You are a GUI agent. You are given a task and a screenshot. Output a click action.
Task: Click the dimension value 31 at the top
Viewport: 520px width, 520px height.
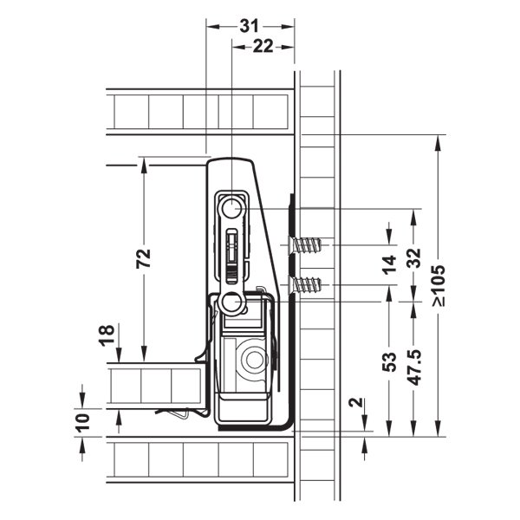click(x=249, y=26)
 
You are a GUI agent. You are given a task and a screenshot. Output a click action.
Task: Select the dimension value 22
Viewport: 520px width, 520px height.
click(x=263, y=46)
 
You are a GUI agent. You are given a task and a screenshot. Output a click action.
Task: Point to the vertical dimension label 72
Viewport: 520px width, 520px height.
click(x=144, y=258)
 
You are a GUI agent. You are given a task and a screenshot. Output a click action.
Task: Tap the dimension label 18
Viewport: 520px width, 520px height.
click(x=107, y=335)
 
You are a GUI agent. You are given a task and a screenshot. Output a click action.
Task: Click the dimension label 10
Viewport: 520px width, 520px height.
click(x=83, y=423)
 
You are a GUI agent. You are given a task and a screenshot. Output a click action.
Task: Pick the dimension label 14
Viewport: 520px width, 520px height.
click(x=389, y=265)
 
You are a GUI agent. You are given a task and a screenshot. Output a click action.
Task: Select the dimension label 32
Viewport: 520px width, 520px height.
click(x=413, y=257)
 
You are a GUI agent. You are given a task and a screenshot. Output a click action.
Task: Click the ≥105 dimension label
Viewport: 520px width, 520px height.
click(x=439, y=285)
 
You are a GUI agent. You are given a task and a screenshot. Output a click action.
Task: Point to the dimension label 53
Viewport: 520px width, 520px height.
click(x=389, y=361)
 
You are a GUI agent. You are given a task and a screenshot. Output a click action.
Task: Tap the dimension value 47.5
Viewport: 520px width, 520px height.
click(x=413, y=367)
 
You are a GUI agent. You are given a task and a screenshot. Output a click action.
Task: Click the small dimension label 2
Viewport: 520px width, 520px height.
click(x=356, y=402)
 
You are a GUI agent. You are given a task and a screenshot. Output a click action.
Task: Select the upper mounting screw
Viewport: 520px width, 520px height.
click(x=304, y=245)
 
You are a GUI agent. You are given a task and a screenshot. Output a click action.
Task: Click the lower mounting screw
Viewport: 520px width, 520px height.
click(x=304, y=285)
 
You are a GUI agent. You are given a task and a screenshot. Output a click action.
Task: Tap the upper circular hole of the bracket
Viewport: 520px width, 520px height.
click(x=231, y=209)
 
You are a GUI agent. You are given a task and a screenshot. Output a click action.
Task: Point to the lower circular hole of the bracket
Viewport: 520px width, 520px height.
click(x=231, y=302)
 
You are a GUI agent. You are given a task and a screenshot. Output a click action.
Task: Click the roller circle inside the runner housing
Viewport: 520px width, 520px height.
click(x=254, y=360)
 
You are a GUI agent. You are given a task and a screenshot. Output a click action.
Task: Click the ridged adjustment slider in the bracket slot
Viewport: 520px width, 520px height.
click(x=231, y=274)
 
